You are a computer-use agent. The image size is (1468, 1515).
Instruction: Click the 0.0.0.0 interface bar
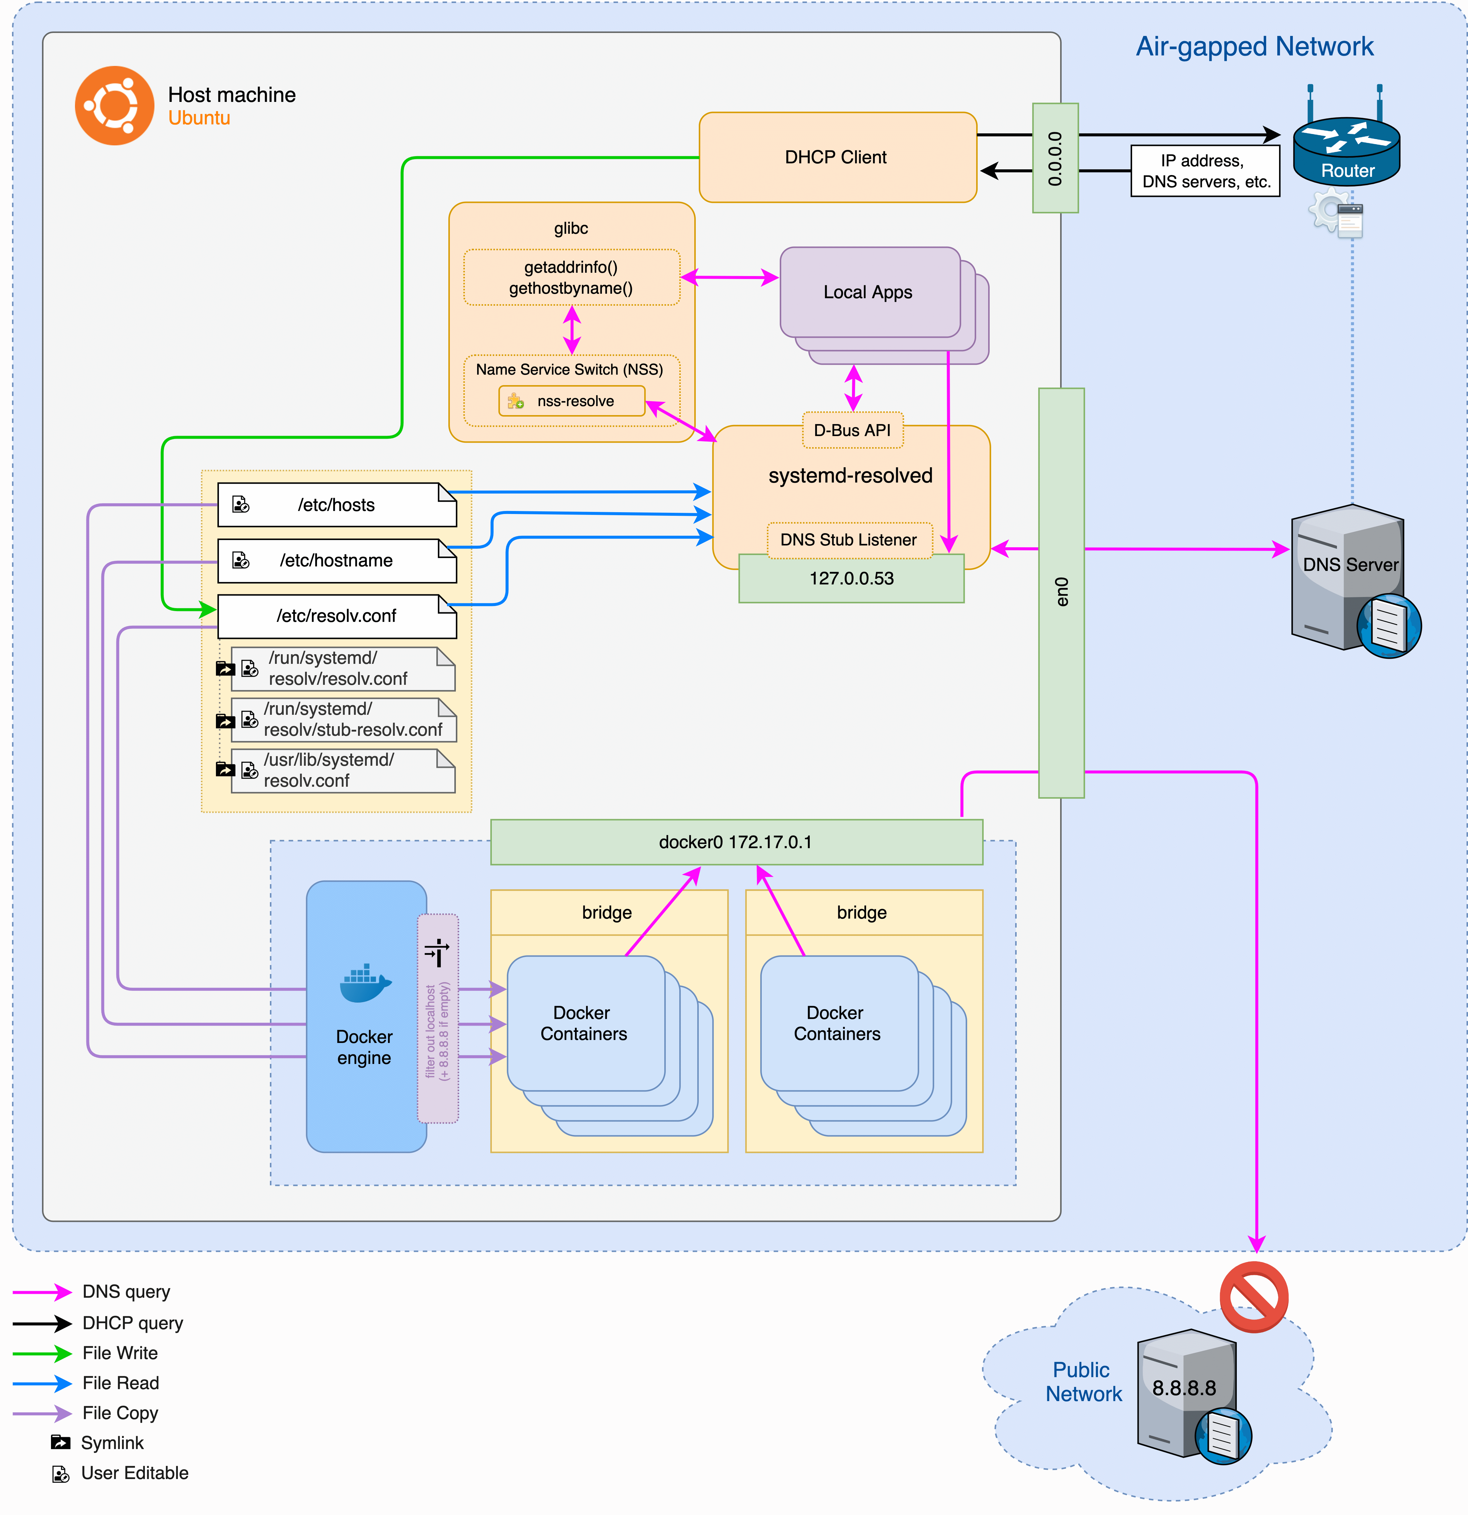tap(1055, 159)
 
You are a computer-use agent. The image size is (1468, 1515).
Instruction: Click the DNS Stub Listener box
tap(848, 539)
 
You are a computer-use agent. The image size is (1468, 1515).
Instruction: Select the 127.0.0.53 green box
tap(851, 579)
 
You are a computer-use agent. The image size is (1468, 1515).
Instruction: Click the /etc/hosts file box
tap(336, 505)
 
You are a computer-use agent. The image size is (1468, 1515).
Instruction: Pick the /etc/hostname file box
tap(336, 560)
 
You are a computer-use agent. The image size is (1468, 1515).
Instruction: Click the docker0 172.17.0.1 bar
tap(736, 842)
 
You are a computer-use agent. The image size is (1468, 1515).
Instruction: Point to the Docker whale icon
tap(365, 983)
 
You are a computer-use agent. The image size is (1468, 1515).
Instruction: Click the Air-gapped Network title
tap(1254, 46)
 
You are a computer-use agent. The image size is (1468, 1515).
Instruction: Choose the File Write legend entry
tap(120, 1353)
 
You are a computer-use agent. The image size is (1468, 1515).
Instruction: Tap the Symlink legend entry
tap(112, 1442)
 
